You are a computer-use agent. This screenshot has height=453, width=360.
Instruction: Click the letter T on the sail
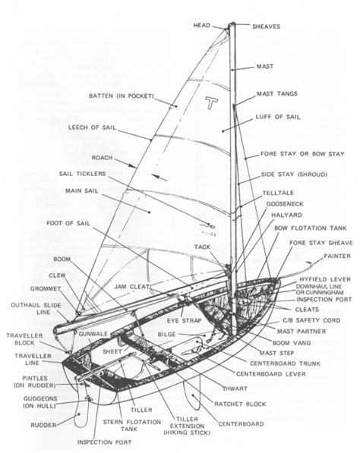pos(212,102)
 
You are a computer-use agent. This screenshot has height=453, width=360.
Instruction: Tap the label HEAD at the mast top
pos(202,26)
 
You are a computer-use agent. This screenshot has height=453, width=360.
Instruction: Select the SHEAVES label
pos(267,27)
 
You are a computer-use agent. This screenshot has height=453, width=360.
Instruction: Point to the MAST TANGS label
pos(277,93)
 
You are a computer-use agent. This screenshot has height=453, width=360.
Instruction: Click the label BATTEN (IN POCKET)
pos(122,96)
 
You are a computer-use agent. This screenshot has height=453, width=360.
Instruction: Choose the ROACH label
pos(102,158)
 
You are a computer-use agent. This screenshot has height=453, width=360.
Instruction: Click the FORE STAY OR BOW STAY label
pos(302,154)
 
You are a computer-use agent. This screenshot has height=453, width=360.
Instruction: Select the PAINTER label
pos(337,256)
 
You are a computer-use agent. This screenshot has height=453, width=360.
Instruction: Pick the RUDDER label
pos(43,425)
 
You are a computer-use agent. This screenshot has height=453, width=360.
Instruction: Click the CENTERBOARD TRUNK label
pos(285,363)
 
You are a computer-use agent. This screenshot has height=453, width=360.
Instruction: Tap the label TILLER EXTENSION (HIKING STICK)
pos(187,426)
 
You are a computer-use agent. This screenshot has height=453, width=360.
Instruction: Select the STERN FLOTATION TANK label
pos(132,425)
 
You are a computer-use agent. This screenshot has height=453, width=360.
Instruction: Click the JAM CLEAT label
pos(132,287)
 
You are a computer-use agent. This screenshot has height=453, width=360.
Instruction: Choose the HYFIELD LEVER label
pos(325,280)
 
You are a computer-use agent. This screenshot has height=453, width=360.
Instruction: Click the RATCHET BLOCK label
pos(240,404)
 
